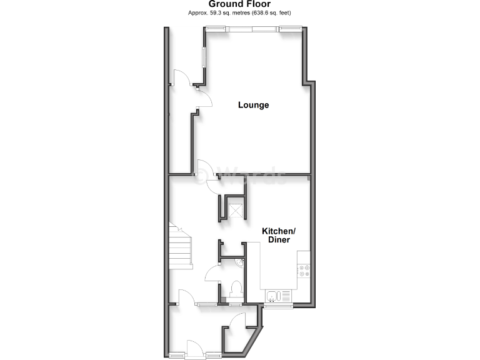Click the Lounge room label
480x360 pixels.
point(253,105)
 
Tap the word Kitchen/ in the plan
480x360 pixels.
point(278,231)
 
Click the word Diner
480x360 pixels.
point(278,240)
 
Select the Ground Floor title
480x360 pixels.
point(239,4)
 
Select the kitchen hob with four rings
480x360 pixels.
point(304,271)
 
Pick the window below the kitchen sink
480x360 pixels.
point(277,306)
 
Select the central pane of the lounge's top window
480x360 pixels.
point(252,27)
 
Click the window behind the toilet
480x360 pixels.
point(235,304)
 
